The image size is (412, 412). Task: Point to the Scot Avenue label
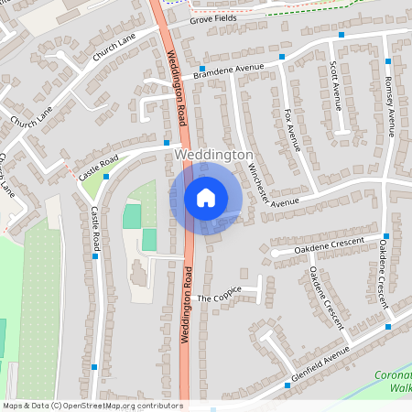335,85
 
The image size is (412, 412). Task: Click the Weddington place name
213,156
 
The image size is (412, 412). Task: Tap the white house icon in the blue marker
206,197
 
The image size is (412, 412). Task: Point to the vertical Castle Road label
95,228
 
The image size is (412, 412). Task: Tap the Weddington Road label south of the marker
185,304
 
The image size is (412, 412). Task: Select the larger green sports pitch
132,216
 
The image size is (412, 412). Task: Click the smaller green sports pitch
149,239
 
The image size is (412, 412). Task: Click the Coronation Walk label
395,381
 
